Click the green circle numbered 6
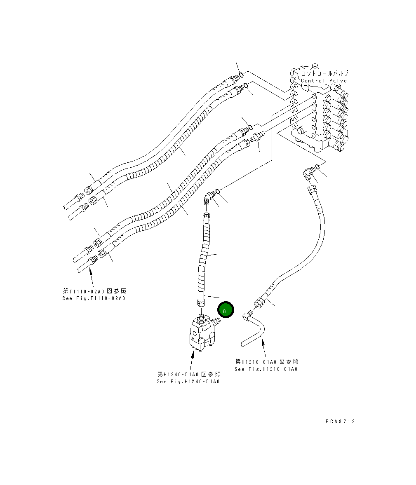pos(225,310)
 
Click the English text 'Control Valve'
pos(324,81)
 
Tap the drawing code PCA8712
pos(339,421)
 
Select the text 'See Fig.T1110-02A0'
pos(93,298)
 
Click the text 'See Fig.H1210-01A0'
pos(266,369)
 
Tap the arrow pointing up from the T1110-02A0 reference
pos(91,276)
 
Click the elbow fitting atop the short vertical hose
pos(209,198)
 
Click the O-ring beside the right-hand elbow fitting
pos(317,167)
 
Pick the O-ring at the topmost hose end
pos(242,74)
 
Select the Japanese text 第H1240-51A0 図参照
pos(189,374)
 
